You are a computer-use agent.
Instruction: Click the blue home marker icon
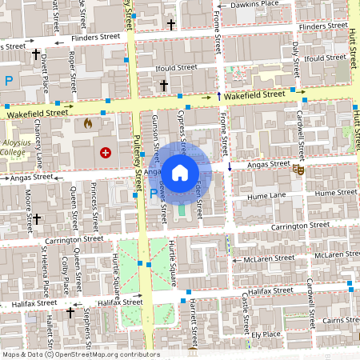tap(180, 172)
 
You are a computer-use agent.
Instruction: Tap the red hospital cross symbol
tap(105, 152)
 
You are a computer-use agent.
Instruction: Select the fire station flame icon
tap(88, 125)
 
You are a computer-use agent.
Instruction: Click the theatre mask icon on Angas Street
tap(298, 170)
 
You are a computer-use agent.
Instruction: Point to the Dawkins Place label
tap(254, 4)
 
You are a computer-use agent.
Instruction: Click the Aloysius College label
tap(13, 146)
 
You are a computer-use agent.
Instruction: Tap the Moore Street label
tap(28, 206)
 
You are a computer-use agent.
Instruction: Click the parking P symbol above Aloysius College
tap(10, 80)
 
